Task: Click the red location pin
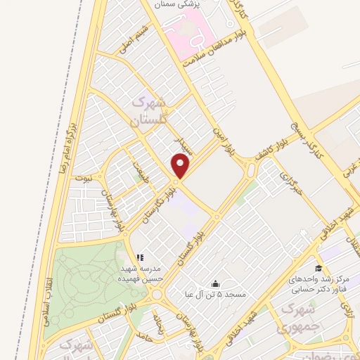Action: point(181,167)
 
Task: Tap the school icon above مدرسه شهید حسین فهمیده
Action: point(139,257)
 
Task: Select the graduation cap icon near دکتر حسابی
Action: point(319,268)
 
